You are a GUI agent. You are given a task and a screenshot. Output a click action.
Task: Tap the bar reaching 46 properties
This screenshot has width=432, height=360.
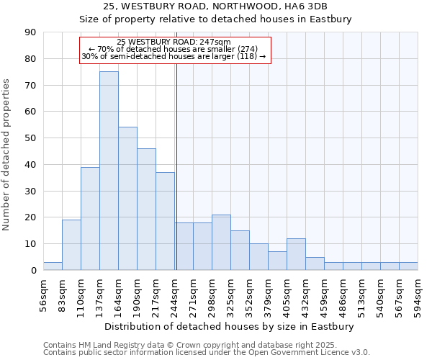point(146,209)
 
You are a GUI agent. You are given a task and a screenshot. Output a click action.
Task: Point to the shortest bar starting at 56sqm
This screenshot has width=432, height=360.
point(53,266)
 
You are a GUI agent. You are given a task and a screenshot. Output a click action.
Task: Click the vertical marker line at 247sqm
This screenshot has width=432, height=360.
point(176,166)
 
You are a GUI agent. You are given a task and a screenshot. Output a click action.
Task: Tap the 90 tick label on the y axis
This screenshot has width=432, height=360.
point(30,32)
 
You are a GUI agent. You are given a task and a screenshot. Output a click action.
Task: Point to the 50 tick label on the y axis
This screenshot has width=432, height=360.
point(30,138)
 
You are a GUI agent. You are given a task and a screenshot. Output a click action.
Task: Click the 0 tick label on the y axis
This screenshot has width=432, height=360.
point(33,271)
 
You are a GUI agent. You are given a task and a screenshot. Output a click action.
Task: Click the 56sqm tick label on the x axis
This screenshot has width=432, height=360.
point(44,292)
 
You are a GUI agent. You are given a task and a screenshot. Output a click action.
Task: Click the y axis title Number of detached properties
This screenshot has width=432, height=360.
point(6,155)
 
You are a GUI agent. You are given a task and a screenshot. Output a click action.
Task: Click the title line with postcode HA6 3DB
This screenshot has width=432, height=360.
point(215,6)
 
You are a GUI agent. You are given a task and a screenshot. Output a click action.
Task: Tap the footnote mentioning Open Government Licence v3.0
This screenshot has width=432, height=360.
point(207,353)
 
